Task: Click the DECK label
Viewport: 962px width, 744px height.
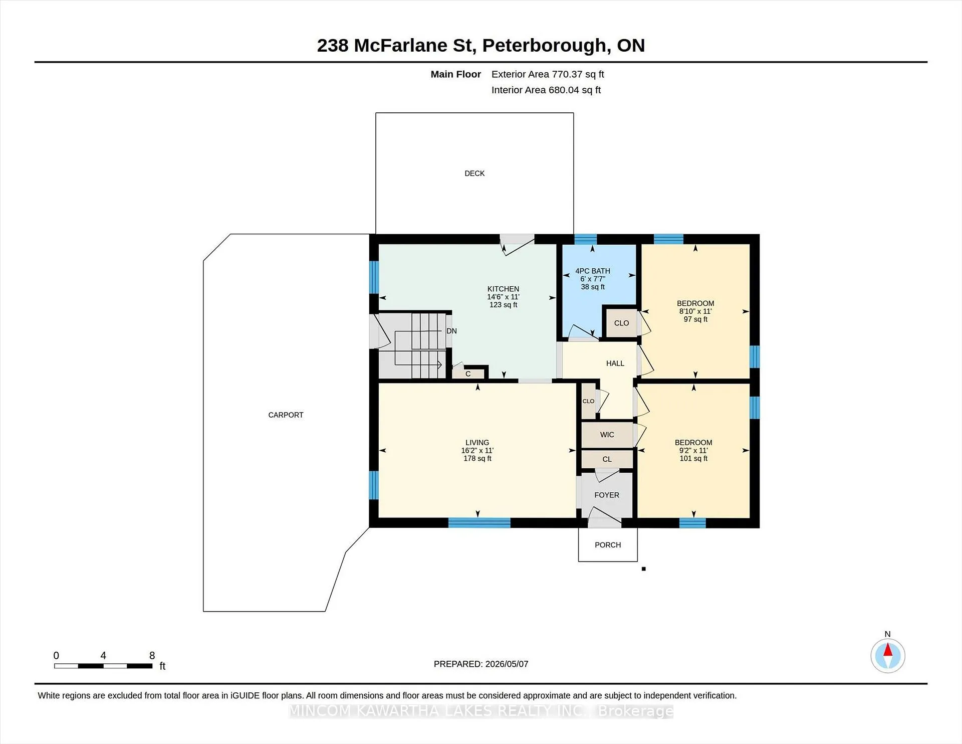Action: pyautogui.click(x=474, y=173)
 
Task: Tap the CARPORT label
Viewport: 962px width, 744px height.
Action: pyautogui.click(x=286, y=415)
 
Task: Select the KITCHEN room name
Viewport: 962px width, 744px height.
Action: pyautogui.click(x=503, y=289)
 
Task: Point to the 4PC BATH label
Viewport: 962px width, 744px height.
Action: pyautogui.click(x=593, y=271)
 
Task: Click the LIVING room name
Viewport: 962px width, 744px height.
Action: pyautogui.click(x=477, y=443)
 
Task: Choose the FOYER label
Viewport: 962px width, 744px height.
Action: pyautogui.click(x=607, y=495)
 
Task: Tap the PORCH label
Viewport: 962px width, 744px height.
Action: pyautogui.click(x=608, y=545)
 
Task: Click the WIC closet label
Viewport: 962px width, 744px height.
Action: pyautogui.click(x=607, y=435)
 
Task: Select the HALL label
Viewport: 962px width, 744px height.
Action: pyautogui.click(x=615, y=363)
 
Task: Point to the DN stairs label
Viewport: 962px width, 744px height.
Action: pyautogui.click(x=451, y=331)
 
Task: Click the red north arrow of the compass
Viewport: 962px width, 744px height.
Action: pyautogui.click(x=887, y=650)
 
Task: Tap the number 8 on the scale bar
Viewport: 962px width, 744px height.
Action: pyautogui.click(x=152, y=655)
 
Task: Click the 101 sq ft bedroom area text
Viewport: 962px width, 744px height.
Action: pyautogui.click(x=693, y=459)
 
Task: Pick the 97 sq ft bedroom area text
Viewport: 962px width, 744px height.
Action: pyautogui.click(x=695, y=319)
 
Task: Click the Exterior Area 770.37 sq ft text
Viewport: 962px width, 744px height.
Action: pyautogui.click(x=548, y=74)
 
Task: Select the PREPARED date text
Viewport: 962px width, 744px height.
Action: pyautogui.click(x=481, y=664)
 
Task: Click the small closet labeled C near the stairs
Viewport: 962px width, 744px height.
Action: pyautogui.click(x=468, y=374)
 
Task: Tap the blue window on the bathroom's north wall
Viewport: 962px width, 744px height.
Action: pyautogui.click(x=585, y=239)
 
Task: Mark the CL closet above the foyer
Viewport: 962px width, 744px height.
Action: pyautogui.click(x=607, y=459)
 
